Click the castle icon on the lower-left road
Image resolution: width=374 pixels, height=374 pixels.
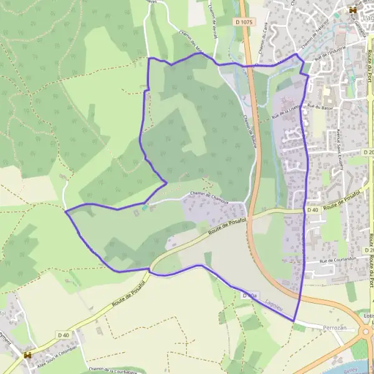pos(27,355)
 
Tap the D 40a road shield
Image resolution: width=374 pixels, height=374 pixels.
pos(250,294)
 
